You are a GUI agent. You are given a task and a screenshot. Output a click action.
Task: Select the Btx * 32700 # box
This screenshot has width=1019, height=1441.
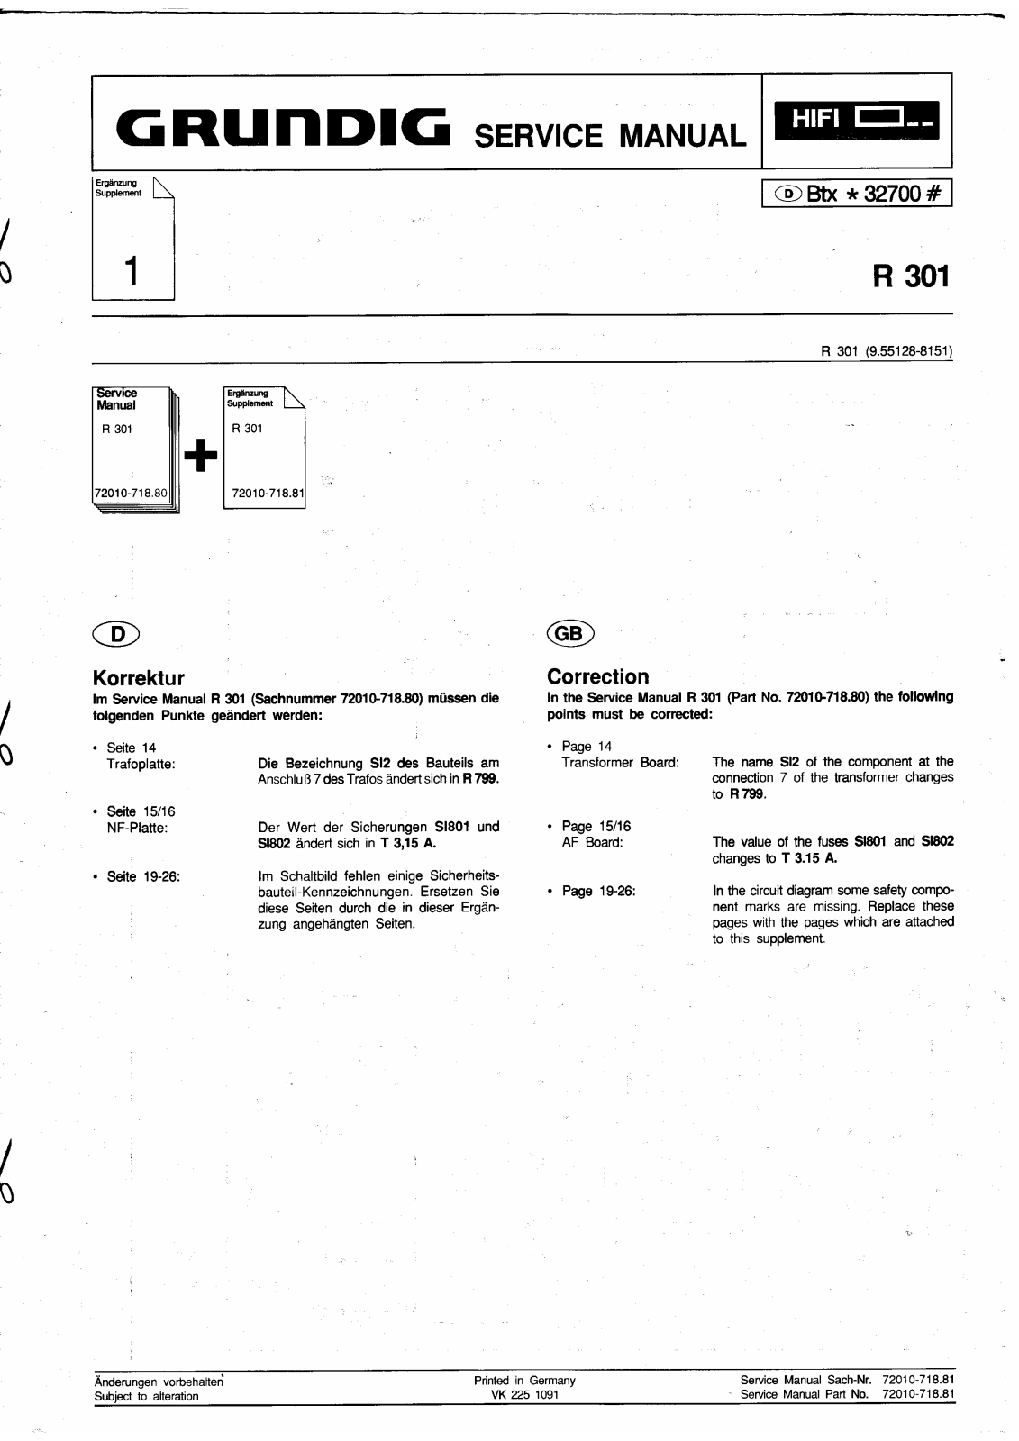857,194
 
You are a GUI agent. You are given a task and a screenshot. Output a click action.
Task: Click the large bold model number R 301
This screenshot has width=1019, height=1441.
911,275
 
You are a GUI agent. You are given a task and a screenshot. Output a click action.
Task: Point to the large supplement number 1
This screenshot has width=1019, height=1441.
132,270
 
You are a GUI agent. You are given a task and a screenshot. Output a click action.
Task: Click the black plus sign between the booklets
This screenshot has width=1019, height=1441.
200,457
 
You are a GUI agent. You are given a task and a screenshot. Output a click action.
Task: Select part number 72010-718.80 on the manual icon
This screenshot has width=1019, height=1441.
131,493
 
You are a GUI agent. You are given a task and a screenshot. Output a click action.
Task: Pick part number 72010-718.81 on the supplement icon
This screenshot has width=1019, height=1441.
268,494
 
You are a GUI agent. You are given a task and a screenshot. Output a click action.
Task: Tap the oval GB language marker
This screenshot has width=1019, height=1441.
570,633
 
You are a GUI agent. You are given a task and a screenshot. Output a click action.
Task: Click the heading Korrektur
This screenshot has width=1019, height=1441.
139,677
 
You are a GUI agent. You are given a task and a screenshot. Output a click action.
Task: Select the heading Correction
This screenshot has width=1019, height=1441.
597,676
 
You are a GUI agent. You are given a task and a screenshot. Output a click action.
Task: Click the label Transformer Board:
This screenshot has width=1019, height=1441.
620,762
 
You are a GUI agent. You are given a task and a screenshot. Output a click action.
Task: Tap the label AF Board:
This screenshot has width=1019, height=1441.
592,842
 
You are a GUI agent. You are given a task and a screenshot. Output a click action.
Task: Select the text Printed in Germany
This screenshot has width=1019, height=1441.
524,1381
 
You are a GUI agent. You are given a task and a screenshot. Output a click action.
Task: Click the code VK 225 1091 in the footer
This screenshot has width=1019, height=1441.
524,1396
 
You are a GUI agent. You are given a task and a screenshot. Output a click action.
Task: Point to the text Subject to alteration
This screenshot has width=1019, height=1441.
146,1396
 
